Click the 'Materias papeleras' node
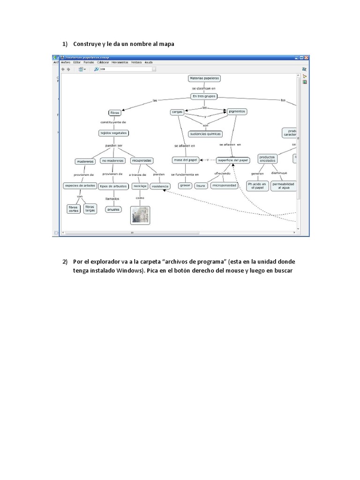[x=204, y=79]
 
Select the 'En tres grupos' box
[x=204, y=96]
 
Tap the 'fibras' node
[x=114, y=113]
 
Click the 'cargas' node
[x=177, y=112]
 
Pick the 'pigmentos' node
[x=237, y=112]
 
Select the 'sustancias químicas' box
[x=205, y=134]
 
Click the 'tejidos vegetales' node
[x=113, y=133]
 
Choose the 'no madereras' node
[x=112, y=161]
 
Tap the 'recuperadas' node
[x=142, y=160]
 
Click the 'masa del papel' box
[x=186, y=160]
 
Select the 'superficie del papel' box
[x=233, y=160]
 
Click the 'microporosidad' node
[x=224, y=186]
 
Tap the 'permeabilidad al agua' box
[x=283, y=186]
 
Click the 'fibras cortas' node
[x=73, y=209]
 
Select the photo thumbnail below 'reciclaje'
[x=140, y=215]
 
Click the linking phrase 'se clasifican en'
[x=204, y=88]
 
